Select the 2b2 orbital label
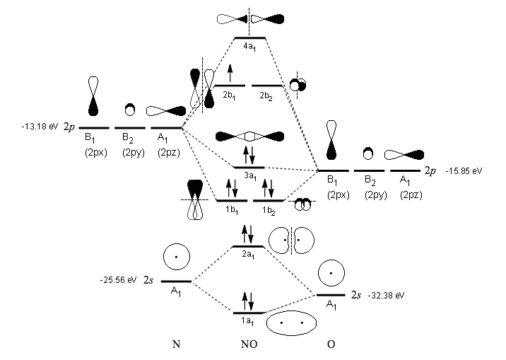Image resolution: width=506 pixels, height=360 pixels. (268, 94)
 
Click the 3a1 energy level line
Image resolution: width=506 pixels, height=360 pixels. (249, 168)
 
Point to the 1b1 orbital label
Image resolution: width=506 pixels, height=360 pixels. (230, 210)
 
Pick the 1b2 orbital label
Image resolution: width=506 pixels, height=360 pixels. (268, 210)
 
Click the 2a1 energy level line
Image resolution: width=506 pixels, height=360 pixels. (248, 247)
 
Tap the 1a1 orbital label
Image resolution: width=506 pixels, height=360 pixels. (248, 321)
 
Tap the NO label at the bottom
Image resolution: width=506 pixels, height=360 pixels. (249, 346)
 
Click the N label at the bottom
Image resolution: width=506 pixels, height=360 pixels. (176, 346)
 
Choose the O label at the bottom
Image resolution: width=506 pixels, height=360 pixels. (331, 346)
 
